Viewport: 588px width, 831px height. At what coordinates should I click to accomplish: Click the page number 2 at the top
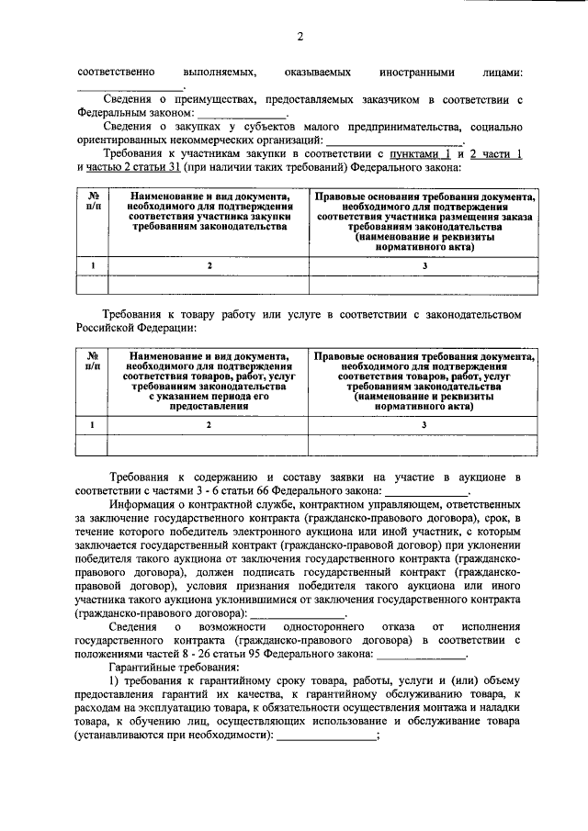(x=300, y=36)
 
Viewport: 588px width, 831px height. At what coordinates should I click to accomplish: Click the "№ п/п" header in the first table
(x=93, y=204)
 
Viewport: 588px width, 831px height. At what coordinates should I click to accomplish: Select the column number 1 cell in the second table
(x=93, y=424)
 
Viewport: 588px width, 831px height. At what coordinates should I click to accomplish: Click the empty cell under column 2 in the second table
(x=209, y=445)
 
